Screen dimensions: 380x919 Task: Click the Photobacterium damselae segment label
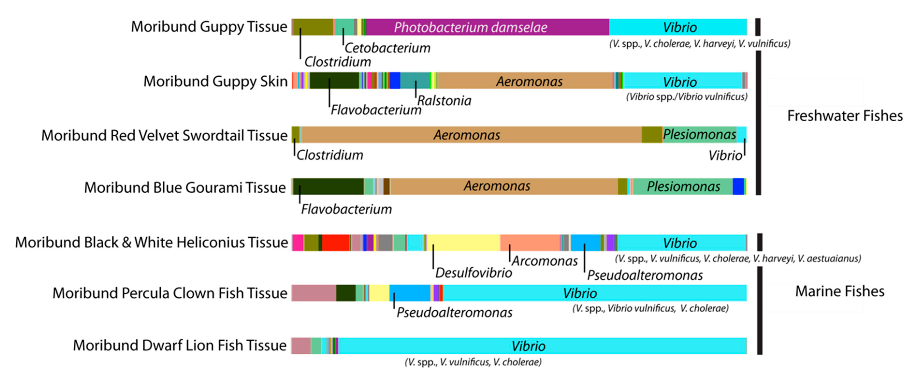[x=470, y=27]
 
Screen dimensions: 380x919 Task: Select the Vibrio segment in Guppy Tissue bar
[x=678, y=27]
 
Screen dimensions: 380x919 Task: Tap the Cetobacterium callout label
[x=387, y=48]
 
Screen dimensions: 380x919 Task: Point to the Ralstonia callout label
[x=444, y=101]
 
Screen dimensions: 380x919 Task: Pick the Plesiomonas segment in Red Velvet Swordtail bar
[x=699, y=134]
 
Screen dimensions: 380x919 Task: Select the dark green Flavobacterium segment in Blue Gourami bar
[x=328, y=186]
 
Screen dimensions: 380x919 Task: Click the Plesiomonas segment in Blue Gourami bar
[x=683, y=186]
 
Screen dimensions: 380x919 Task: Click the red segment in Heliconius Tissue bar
[x=336, y=243]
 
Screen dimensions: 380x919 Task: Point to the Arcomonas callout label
[x=545, y=261]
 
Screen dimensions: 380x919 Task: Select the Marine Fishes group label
[x=839, y=292]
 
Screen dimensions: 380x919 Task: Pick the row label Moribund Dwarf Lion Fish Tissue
[x=180, y=345]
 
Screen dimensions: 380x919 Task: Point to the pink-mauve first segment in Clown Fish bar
[x=314, y=293]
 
